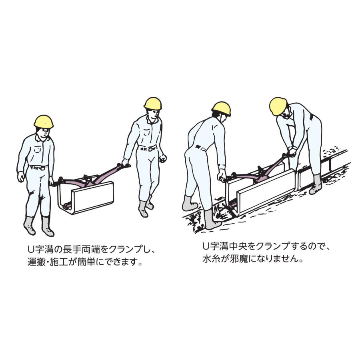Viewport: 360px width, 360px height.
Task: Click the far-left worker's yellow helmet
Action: pos(44,122)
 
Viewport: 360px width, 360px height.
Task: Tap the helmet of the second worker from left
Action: pos(153,103)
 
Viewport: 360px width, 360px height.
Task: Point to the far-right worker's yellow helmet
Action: pos(278,107)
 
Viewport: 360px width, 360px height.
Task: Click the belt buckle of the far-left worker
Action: pos(43,168)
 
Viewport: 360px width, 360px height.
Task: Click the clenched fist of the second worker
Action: pos(163,158)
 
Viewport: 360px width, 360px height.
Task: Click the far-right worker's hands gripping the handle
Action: pos(291,152)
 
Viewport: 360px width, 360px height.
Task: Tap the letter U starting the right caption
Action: pos(206,247)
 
